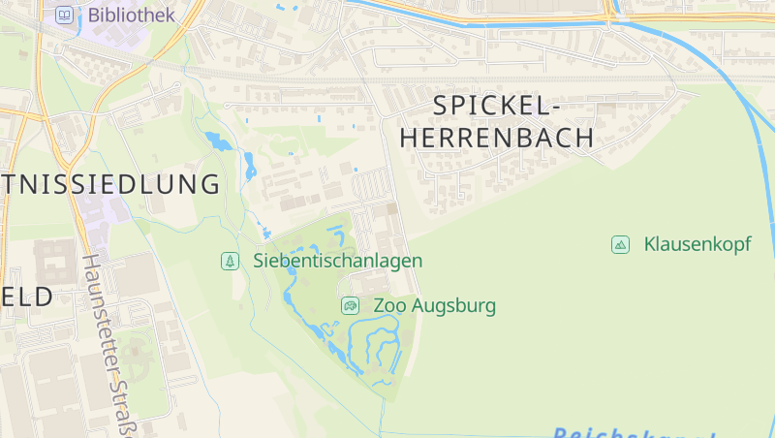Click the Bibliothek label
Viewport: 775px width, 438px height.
(131, 15)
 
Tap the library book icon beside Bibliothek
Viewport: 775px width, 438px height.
(65, 15)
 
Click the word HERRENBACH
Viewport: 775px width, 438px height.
(497, 138)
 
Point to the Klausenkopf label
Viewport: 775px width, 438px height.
(697, 244)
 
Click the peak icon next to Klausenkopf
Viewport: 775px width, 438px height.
(620, 244)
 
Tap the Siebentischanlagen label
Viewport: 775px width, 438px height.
(337, 261)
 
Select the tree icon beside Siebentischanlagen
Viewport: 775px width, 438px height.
(230, 261)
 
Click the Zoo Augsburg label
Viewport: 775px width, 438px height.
(434, 306)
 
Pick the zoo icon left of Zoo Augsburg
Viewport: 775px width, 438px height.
(350, 306)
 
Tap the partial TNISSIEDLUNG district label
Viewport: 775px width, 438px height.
(110, 184)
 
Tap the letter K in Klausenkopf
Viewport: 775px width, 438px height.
(650, 244)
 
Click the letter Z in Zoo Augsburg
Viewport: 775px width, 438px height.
(380, 306)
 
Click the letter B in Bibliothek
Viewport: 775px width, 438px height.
(93, 15)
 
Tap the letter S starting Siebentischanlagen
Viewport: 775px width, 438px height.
(259, 261)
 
